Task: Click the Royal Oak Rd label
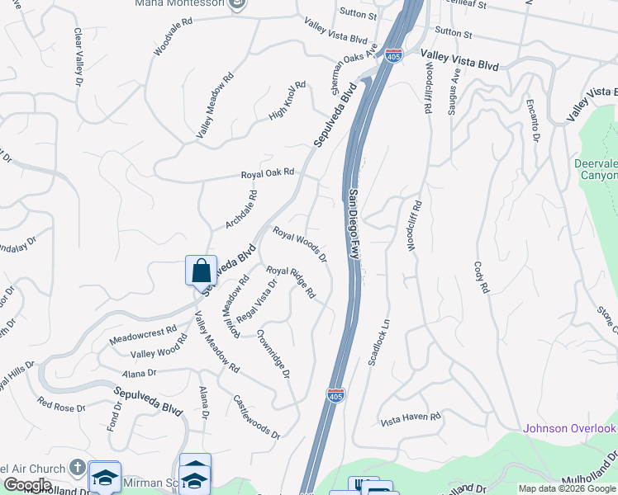pyautogui.click(x=268, y=174)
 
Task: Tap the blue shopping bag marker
pyautogui.click(x=201, y=270)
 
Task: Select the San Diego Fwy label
pyautogui.click(x=354, y=225)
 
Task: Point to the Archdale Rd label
pyautogui.click(x=242, y=210)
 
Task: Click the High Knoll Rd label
pyautogui.click(x=288, y=101)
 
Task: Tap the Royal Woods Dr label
pyautogui.click(x=300, y=245)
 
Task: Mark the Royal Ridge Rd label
pyautogui.click(x=291, y=281)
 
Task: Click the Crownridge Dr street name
pyautogui.click(x=273, y=354)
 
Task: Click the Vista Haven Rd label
pyautogui.click(x=411, y=418)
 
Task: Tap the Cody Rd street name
pyautogui.click(x=482, y=279)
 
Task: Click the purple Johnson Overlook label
pyautogui.click(x=570, y=428)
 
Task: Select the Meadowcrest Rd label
pyautogui.click(x=143, y=335)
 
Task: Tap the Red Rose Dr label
pyautogui.click(x=62, y=405)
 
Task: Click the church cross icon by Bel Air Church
pyautogui.click(x=77, y=468)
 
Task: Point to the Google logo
pyautogui.click(x=26, y=485)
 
